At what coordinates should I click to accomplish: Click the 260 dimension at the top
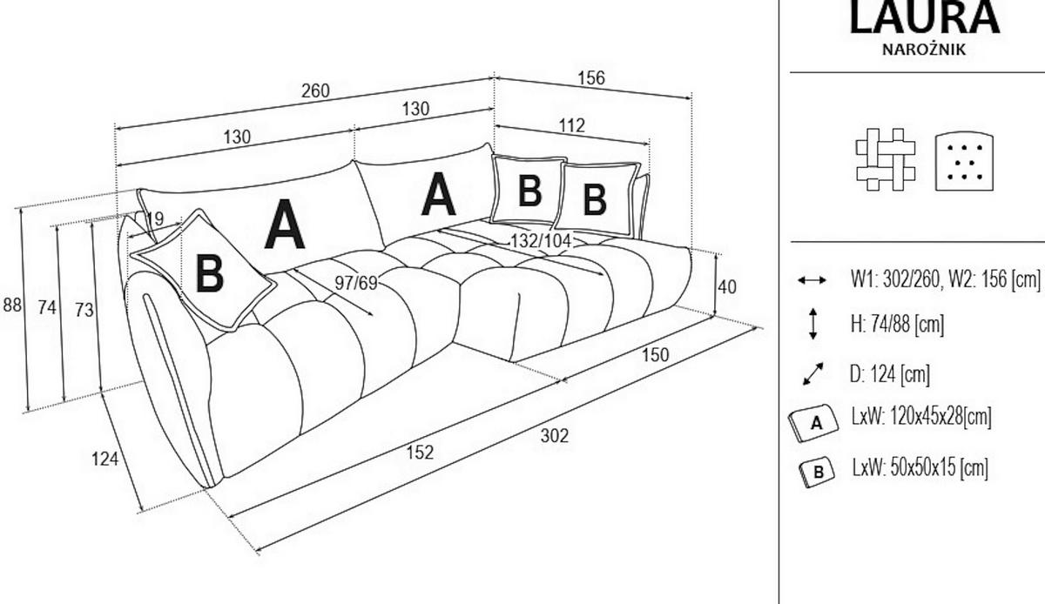point(315,91)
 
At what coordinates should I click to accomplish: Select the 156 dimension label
point(591,77)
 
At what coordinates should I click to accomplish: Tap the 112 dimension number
point(571,125)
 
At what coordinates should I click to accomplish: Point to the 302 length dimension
point(555,436)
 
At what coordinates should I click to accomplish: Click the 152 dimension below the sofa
point(420,453)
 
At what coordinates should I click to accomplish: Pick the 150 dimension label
point(656,355)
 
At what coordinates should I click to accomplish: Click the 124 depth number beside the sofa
point(105,459)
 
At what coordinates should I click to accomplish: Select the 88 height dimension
point(12,305)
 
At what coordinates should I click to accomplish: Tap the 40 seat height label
point(727,287)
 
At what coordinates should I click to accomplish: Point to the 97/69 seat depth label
point(356,283)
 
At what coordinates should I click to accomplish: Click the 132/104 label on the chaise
point(541,241)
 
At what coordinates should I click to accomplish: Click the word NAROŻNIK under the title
point(924,50)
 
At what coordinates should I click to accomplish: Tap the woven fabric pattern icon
point(886,159)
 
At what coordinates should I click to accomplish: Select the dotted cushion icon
point(964,161)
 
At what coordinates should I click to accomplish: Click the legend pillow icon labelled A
point(812,423)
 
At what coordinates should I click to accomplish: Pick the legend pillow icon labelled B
point(817,472)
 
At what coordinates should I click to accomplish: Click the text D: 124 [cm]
point(890,373)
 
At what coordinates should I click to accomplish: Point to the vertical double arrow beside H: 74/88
point(812,324)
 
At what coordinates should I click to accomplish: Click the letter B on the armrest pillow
point(210,273)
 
